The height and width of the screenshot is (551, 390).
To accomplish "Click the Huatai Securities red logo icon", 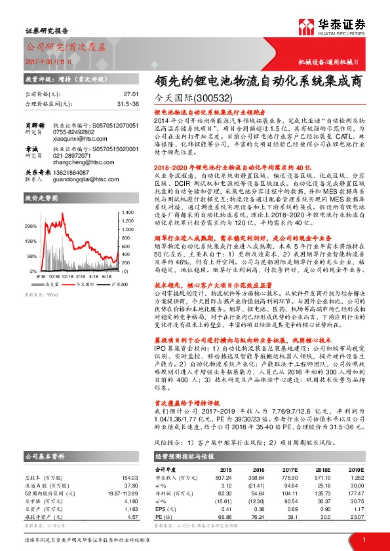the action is tap(306, 27).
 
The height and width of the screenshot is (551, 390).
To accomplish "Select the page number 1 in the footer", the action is tap(362, 539).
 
